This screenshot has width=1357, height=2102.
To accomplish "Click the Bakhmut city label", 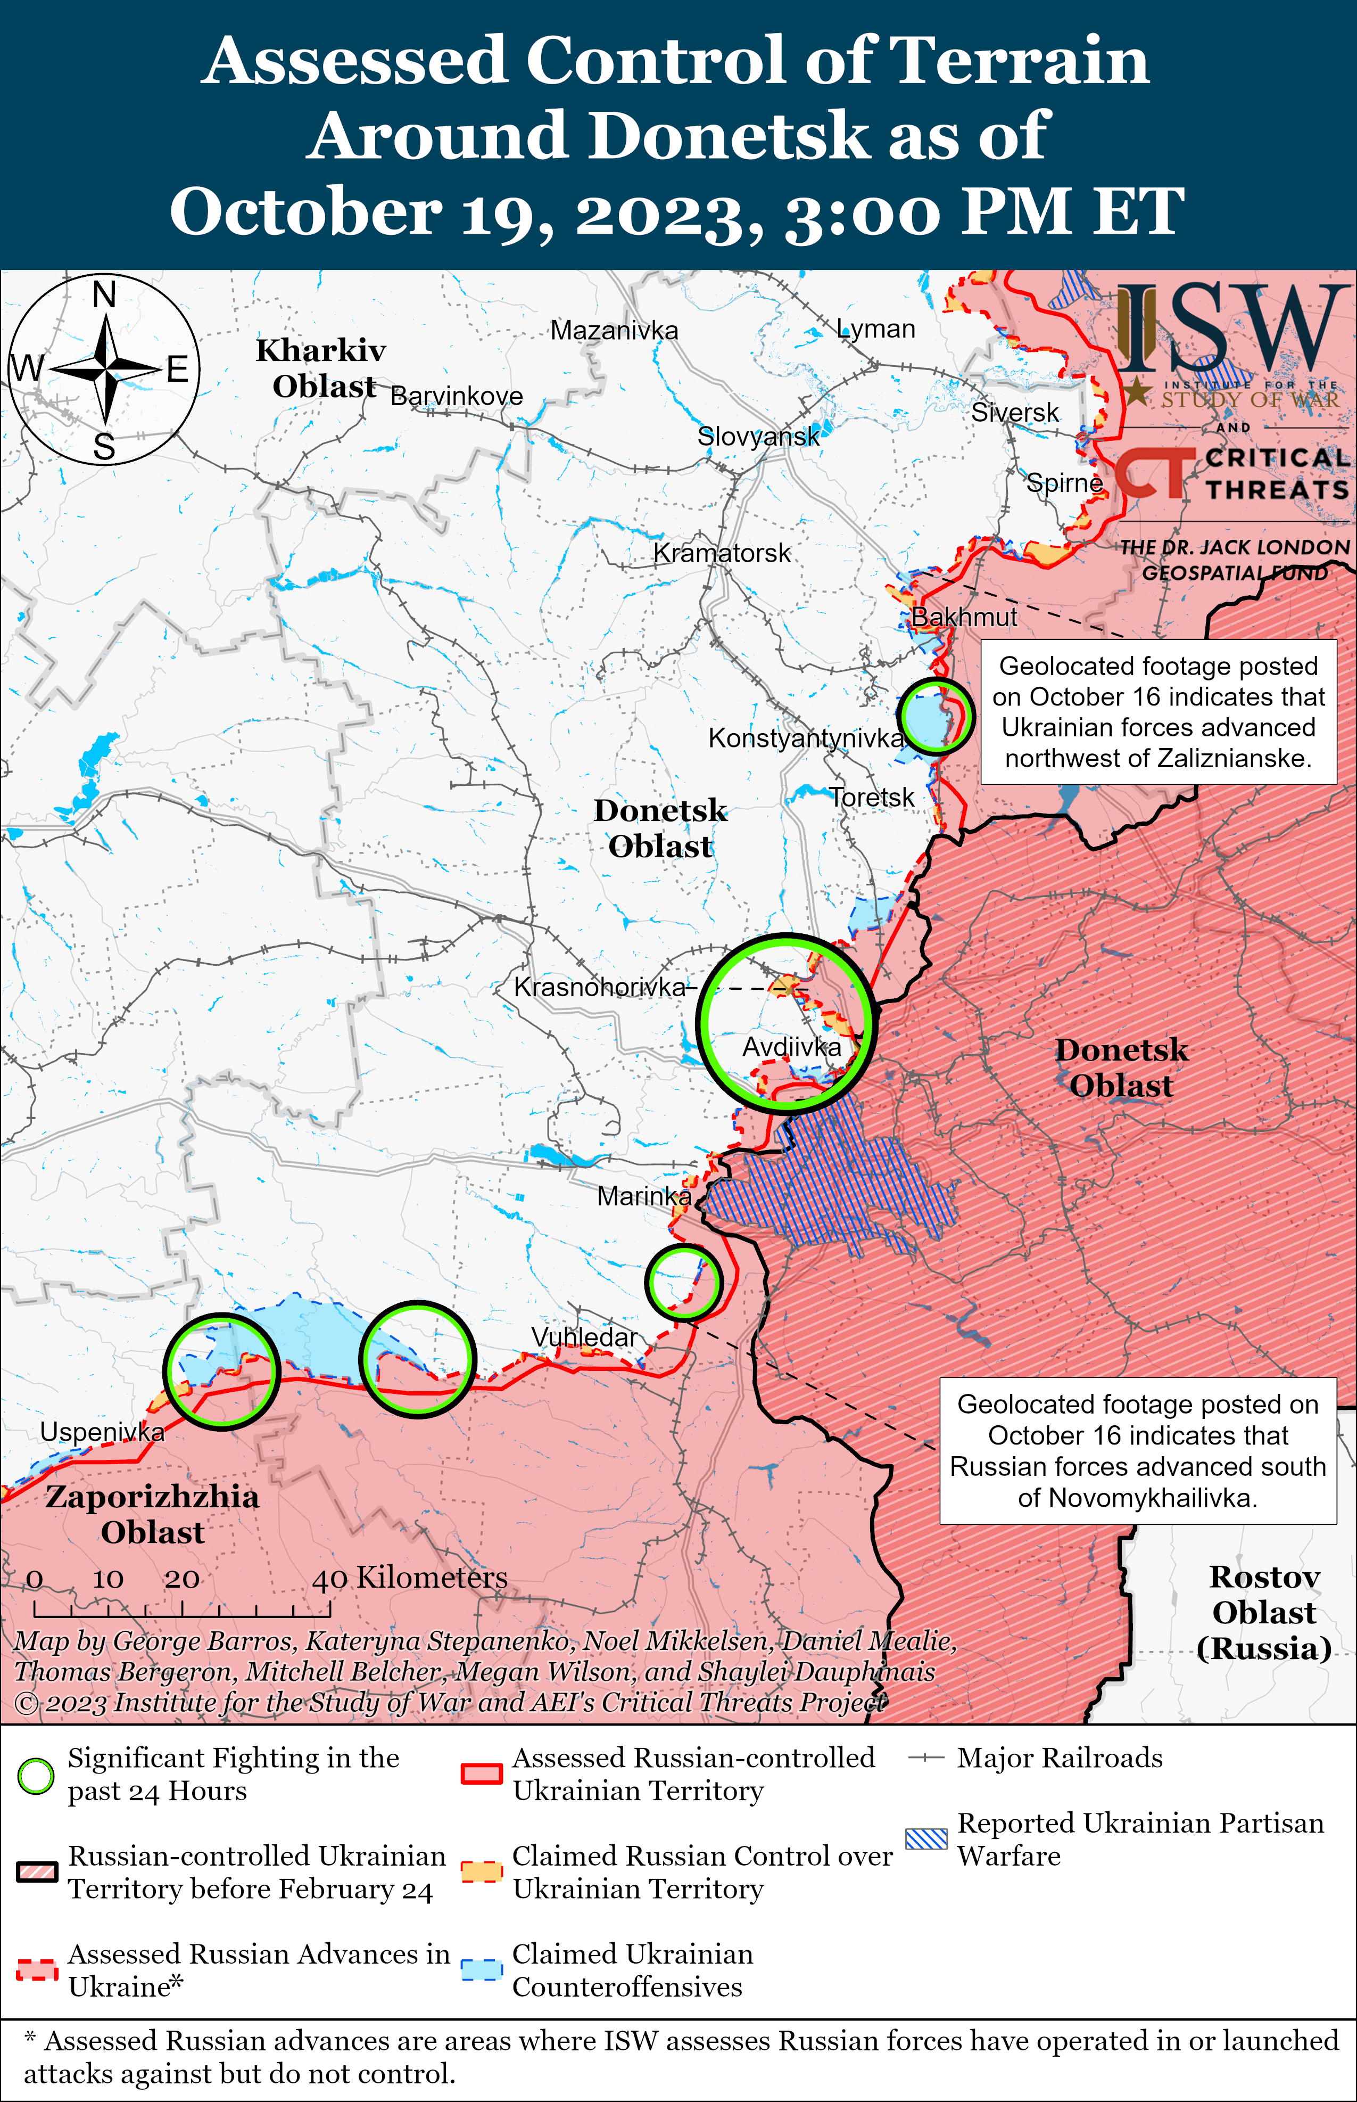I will click(x=964, y=617).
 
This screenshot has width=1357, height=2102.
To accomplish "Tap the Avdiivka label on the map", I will click(x=791, y=1047).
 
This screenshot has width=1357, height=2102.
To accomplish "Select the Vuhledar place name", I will click(x=583, y=1337).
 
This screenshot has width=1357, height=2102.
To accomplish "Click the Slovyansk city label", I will click(x=758, y=436).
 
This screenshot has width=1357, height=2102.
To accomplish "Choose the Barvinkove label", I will click(x=457, y=397).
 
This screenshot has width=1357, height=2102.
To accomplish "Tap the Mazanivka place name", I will click(x=614, y=331).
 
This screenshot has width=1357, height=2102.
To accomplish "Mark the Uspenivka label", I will click(x=102, y=1432).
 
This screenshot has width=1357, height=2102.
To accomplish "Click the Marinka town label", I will click(x=644, y=1196).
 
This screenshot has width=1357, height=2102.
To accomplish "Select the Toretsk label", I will click(x=872, y=798).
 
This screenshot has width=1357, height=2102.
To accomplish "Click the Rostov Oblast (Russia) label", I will click(x=1263, y=1612).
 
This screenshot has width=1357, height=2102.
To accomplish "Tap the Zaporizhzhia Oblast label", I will click(x=152, y=1514).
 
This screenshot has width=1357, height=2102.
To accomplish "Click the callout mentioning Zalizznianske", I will click(x=1158, y=712).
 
